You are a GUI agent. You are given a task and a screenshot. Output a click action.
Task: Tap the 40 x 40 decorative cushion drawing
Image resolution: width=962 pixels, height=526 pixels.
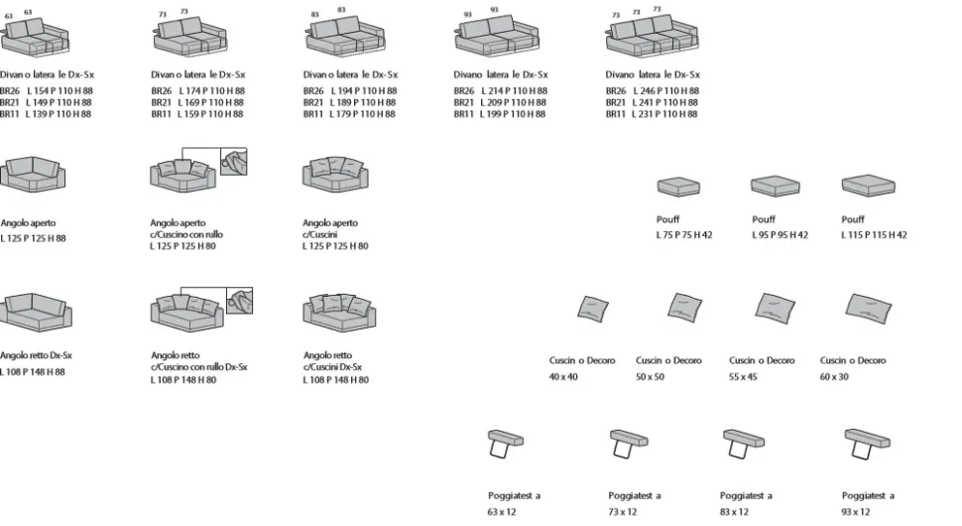pos(593,310)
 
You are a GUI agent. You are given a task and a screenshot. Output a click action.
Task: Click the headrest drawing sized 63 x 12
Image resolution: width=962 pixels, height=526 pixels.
pos(506,443)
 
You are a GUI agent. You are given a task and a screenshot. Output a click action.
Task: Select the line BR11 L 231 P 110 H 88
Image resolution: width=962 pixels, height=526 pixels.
pos(652,114)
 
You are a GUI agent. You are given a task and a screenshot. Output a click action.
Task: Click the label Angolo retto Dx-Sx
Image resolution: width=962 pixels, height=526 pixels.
pos(37,355)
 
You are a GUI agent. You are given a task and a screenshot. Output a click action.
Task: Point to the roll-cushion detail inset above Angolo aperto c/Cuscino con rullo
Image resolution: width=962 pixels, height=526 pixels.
pos(233,162)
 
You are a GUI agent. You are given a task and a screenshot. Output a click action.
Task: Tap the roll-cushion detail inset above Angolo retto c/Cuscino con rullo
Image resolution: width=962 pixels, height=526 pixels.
pos(239,301)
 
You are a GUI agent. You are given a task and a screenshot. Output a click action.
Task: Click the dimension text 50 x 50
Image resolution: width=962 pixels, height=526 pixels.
pos(651,377)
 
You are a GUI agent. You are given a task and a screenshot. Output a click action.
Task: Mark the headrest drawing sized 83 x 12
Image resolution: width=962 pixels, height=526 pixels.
pos(743,443)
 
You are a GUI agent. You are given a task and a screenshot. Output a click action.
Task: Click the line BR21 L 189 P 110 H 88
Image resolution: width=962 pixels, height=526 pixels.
pos(350,102)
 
